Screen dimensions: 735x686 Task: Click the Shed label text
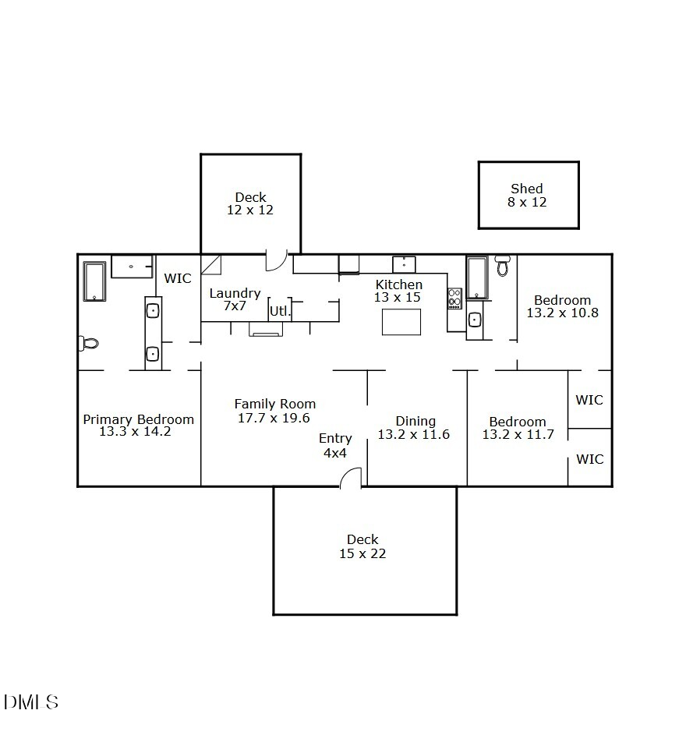point(527,189)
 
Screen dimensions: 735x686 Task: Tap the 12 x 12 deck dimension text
point(250,210)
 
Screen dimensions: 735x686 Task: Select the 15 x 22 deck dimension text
point(362,554)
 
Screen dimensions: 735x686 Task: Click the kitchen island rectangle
point(401,322)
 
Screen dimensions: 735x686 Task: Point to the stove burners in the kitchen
point(454,299)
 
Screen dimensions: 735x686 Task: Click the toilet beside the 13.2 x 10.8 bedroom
point(503,266)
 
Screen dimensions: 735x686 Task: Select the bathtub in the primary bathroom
point(94,281)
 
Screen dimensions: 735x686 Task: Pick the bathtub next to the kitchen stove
point(477,278)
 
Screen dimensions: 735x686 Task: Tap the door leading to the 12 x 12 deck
point(276,260)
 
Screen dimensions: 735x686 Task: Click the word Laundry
point(235,294)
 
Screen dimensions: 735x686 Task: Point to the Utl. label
point(280,311)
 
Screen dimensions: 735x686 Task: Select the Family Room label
point(275,404)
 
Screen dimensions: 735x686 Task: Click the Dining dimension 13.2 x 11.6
point(413,435)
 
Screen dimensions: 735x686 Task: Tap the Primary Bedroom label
point(139,419)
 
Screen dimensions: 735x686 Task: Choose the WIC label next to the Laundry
point(178,279)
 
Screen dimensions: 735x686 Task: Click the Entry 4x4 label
point(335,445)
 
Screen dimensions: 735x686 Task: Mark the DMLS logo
point(31,701)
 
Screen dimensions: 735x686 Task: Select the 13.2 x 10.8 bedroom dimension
point(562,313)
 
